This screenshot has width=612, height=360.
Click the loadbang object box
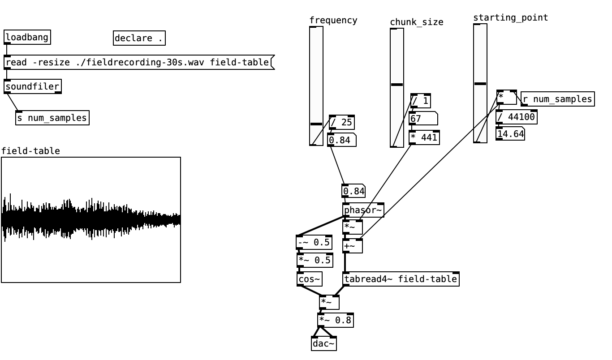pyautogui.click(x=27, y=37)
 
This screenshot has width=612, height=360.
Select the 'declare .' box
pyautogui.click(x=139, y=39)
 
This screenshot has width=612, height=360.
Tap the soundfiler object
pyautogui.click(x=32, y=86)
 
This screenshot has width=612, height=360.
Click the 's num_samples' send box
pyautogui.click(x=52, y=118)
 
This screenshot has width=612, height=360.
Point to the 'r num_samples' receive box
pyautogui.click(x=557, y=99)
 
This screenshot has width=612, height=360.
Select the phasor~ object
pyautogui.click(x=363, y=210)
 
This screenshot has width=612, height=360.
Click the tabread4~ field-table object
pyautogui.click(x=401, y=279)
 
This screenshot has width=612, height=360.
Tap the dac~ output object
pyautogui.click(x=323, y=343)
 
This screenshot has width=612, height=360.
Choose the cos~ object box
pyautogui.click(x=309, y=279)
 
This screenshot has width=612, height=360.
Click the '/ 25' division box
pyautogui.click(x=341, y=122)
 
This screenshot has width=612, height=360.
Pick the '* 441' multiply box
pyautogui.click(x=424, y=137)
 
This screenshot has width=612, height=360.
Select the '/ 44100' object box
pyautogui.click(x=516, y=117)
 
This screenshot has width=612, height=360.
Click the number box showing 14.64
pyautogui.click(x=510, y=134)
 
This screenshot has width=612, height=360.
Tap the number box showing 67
pyautogui.click(x=422, y=119)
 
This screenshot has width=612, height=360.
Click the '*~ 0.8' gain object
pyautogui.click(x=335, y=320)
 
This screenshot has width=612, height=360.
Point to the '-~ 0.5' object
pyautogui.click(x=314, y=242)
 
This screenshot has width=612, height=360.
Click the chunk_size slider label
pyautogui.click(x=416, y=22)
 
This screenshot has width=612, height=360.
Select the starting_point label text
pyautogui.click(x=510, y=17)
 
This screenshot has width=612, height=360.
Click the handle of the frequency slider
pyautogui.click(x=316, y=124)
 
